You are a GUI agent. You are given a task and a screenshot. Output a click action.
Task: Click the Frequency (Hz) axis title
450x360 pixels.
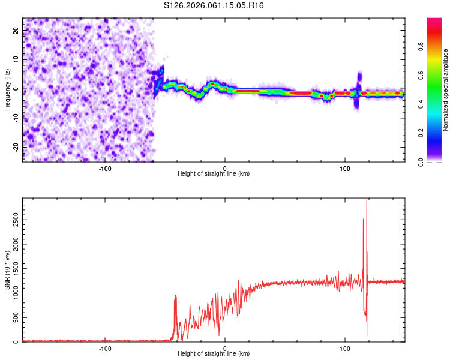tap(7, 89)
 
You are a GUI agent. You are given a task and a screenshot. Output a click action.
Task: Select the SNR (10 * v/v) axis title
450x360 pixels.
tap(7, 271)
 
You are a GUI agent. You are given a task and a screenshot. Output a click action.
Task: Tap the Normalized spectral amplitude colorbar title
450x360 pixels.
tap(446, 90)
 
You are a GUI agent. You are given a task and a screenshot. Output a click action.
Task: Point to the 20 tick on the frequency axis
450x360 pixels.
tap(16, 30)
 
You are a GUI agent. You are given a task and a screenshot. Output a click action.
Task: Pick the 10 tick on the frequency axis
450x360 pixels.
tap(16, 59)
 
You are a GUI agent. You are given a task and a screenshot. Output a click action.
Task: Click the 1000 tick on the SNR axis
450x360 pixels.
tap(12, 293)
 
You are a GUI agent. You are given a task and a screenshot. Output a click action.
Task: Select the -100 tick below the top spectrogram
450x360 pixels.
tap(105, 168)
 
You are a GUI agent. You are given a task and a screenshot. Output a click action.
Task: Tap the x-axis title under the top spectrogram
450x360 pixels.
tap(214, 174)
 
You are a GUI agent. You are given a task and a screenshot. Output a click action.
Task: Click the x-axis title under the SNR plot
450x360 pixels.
tap(214, 354)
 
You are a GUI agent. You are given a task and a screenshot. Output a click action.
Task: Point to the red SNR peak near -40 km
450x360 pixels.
tap(175, 296)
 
